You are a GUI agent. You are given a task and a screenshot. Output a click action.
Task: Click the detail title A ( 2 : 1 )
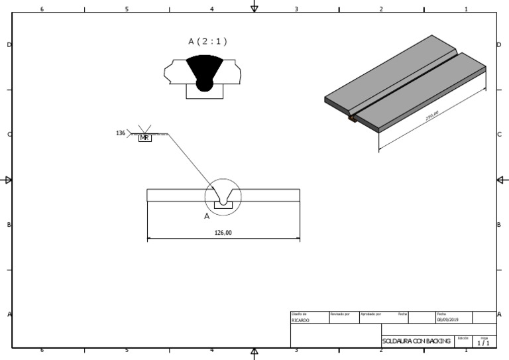click(x=207, y=41)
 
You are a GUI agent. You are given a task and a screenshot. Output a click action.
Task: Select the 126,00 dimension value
click(x=223, y=232)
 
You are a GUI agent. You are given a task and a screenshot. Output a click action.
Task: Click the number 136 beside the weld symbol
click(x=121, y=133)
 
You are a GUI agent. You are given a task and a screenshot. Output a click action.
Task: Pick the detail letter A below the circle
click(x=207, y=216)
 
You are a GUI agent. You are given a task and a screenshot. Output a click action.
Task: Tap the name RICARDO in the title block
click(x=300, y=320)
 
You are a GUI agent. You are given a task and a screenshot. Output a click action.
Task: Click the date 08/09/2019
click(x=447, y=320)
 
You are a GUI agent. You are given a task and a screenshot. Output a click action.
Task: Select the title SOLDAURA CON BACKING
click(x=416, y=341)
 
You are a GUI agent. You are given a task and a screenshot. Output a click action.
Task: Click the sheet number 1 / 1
click(x=484, y=343)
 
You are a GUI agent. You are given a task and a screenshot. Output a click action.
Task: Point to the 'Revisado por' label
click(x=339, y=314)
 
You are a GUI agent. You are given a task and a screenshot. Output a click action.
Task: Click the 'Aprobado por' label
click(x=370, y=314)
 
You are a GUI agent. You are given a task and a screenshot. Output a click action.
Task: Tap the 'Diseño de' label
click(x=299, y=314)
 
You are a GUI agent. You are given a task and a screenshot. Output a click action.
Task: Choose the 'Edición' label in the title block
click(x=463, y=338)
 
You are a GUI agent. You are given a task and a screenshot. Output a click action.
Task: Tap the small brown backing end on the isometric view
click(x=352, y=119)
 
